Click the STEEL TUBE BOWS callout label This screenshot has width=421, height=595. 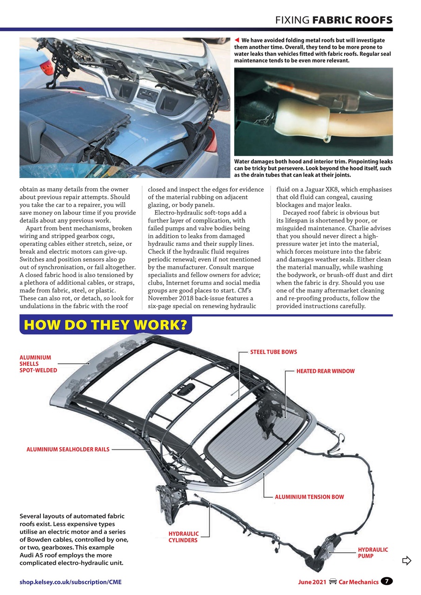click(273, 352)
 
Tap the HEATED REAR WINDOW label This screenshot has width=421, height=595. click(325, 371)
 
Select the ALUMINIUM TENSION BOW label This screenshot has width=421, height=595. click(309, 497)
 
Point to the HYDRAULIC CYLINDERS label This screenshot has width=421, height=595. click(183, 537)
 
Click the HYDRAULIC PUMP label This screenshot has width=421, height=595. click(373, 553)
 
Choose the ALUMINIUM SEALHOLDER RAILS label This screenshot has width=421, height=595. click(68, 450)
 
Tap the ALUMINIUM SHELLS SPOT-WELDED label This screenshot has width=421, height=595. click(38, 364)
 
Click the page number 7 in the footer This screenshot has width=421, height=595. click(387, 581)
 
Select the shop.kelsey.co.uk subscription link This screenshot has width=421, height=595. click(71, 582)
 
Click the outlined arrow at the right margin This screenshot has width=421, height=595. click(407, 561)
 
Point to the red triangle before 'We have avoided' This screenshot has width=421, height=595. click(237, 40)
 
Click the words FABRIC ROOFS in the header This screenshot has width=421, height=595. click(352, 20)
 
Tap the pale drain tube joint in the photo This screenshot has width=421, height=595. click(302, 119)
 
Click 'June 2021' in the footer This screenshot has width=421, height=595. click(312, 582)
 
